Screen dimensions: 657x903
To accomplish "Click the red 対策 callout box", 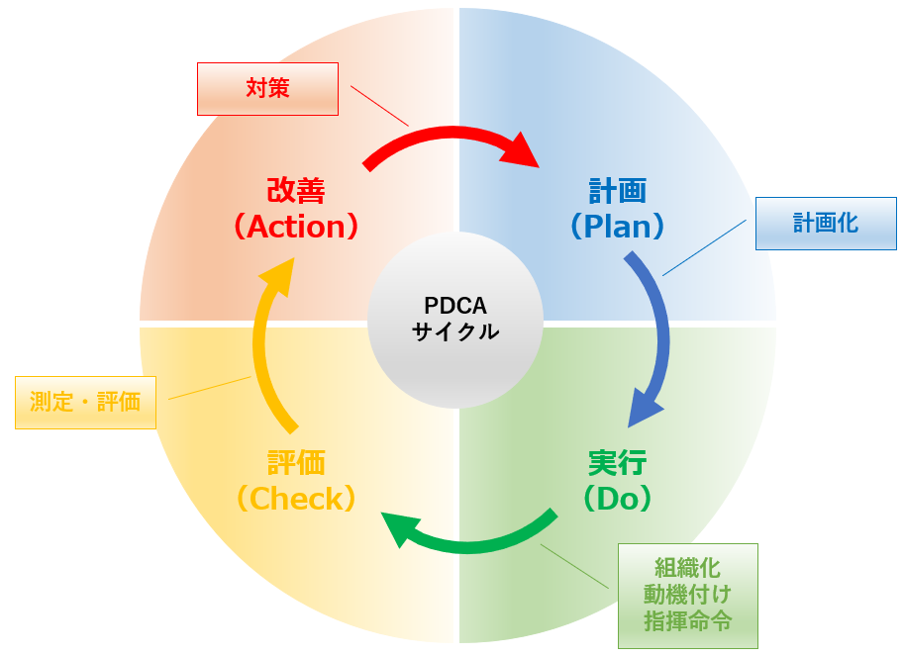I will click(x=267, y=89).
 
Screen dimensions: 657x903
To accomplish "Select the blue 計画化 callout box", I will click(x=826, y=224).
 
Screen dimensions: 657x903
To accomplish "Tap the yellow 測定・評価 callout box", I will click(x=85, y=402).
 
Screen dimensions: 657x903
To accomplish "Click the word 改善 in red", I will click(x=295, y=190).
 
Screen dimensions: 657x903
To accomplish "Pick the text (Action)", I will click(x=295, y=227).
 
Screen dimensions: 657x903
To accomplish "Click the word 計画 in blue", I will click(x=617, y=190).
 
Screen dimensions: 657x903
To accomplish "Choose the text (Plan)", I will click(x=617, y=227).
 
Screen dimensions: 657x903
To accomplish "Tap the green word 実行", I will click(x=617, y=462).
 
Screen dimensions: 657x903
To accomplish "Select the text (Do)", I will click(x=617, y=499).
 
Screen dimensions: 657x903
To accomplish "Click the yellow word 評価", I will click(x=295, y=462).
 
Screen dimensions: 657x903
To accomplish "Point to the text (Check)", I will click(x=295, y=499).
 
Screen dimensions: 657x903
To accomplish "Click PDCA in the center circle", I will click(x=455, y=306).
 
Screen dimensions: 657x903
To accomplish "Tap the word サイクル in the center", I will click(x=455, y=331).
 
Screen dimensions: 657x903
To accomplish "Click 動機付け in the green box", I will click(x=687, y=595).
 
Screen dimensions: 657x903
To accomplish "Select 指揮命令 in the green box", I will click(x=687, y=621).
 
